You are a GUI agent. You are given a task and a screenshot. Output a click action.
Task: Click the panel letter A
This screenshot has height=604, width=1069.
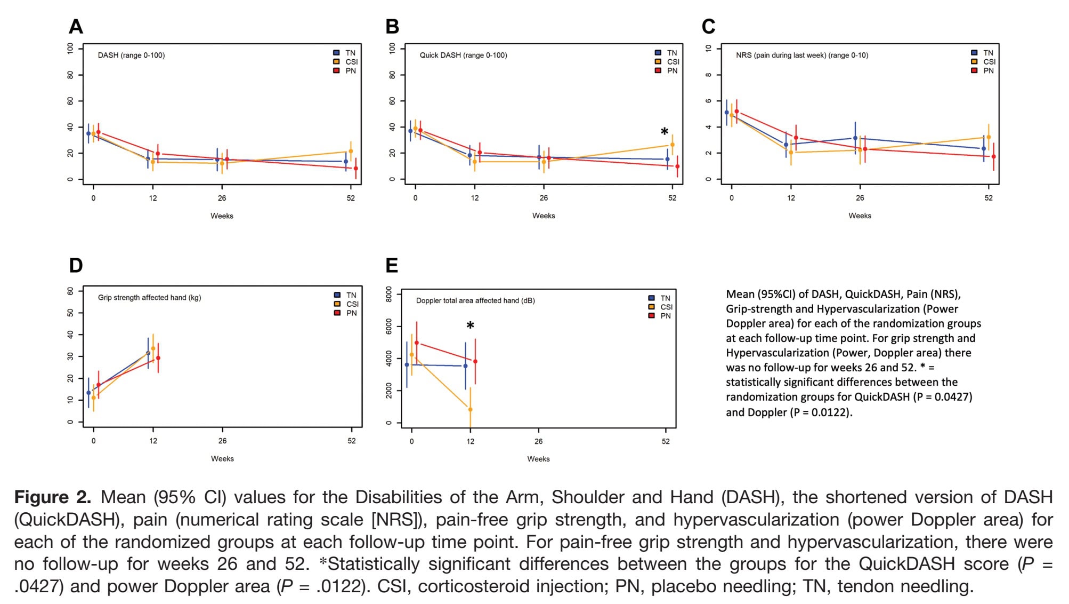76,26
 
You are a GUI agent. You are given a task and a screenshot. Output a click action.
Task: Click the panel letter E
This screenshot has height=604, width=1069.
392,265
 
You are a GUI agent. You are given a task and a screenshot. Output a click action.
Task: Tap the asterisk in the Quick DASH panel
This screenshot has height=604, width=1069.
664,132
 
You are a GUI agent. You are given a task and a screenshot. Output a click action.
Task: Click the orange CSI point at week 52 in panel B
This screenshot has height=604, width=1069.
672,145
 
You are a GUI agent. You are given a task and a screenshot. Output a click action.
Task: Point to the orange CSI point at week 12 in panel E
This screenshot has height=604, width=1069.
470,410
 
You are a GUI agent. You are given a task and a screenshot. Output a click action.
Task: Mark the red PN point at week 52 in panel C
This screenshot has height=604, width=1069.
993,156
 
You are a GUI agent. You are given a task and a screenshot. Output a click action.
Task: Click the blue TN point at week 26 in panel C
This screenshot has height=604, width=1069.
855,138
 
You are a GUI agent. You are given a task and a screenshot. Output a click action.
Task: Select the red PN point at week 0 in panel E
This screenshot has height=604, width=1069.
416,343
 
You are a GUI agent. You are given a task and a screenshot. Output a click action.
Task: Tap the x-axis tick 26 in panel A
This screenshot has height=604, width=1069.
222,198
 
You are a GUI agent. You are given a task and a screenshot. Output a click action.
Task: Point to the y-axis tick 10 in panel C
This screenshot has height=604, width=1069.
708,49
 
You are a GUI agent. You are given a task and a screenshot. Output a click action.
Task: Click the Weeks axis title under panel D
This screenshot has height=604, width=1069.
222,458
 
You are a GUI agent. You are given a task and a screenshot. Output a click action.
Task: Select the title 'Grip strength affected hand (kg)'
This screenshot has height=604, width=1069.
149,298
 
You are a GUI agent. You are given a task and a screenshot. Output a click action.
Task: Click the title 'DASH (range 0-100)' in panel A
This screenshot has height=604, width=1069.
131,55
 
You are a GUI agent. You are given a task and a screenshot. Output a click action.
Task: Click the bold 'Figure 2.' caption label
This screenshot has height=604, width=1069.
53,497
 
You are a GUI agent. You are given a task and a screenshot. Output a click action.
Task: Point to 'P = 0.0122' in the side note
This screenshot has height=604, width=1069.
823,412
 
